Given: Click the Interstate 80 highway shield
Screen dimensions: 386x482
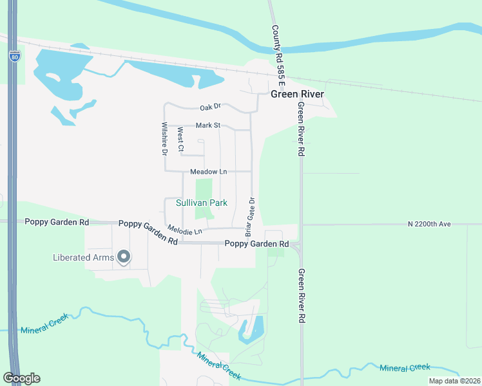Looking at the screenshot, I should point(14,57).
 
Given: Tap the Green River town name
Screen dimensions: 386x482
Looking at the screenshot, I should point(297,94).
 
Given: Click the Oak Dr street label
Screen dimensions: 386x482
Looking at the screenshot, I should point(210,107).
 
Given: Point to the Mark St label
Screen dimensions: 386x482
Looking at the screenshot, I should point(208,125).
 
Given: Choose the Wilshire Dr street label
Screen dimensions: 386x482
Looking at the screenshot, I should point(165,138).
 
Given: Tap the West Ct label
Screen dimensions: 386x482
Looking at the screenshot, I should point(181,140).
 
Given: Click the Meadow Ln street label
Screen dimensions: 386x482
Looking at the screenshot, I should point(209,172).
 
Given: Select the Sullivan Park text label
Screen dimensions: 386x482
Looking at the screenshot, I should point(202,203).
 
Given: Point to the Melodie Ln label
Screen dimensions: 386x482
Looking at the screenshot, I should point(184,230).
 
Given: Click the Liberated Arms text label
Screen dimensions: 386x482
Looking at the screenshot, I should point(83,258).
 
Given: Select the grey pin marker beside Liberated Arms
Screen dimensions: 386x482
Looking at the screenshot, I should point(124,258).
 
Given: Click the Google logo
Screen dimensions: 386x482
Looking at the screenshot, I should point(21,378).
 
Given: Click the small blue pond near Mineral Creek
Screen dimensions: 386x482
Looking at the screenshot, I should point(251,330).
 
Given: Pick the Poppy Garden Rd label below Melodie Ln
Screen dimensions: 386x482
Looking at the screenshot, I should point(256,244).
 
